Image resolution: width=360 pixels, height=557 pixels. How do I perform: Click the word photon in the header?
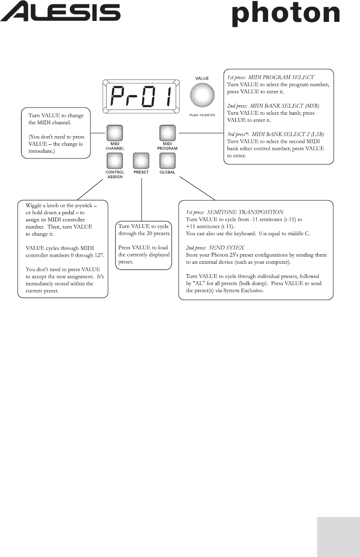click(286, 14)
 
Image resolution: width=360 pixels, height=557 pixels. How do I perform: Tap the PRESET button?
click(141, 159)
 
